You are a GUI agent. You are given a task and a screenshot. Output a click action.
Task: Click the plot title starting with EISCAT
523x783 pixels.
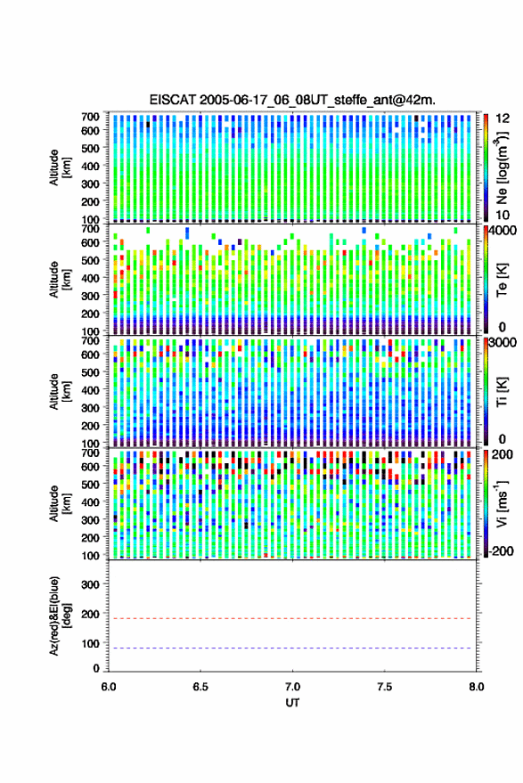pyautogui.click(x=292, y=100)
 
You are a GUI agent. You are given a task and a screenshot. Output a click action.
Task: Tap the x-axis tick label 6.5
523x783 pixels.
pyautogui.click(x=200, y=687)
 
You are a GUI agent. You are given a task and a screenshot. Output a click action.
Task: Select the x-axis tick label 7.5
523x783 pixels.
pyautogui.click(x=384, y=687)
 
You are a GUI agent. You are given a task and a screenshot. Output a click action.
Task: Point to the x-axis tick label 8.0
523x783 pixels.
pyautogui.click(x=476, y=687)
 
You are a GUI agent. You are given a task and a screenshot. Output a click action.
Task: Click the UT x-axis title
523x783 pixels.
pyautogui.click(x=292, y=703)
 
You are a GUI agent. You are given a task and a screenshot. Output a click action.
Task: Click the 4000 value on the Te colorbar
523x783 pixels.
pyautogui.click(x=503, y=231)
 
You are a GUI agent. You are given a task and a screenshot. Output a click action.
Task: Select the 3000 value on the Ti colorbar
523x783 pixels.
pyautogui.click(x=503, y=343)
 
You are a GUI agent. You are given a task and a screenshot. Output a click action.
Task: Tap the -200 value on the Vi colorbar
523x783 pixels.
pyautogui.click(x=501, y=551)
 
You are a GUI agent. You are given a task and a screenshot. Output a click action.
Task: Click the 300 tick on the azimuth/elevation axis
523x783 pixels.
pyautogui.click(x=90, y=584)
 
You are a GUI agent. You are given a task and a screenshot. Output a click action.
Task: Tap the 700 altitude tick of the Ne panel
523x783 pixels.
pyautogui.click(x=90, y=117)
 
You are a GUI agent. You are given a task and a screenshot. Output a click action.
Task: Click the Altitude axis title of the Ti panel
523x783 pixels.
pyautogui.click(x=60, y=392)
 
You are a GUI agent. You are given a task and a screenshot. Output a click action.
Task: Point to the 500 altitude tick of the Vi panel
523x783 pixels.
pyautogui.click(x=90, y=484)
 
